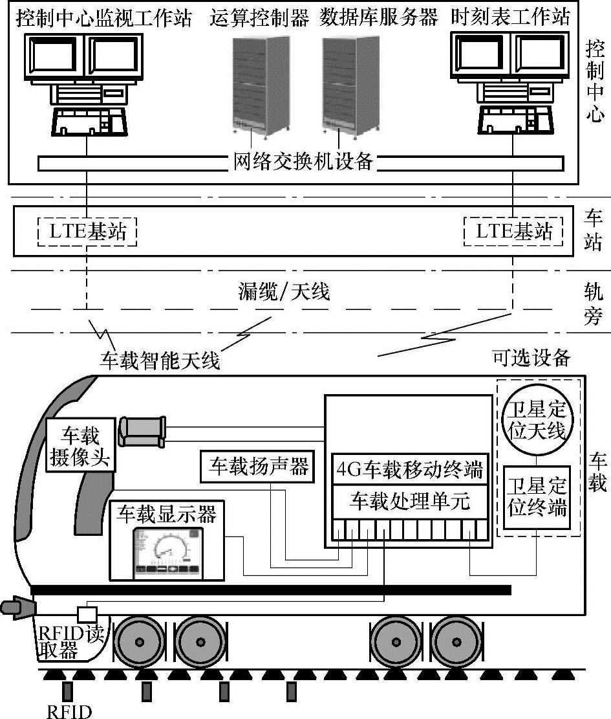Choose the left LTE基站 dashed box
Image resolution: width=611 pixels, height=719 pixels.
tap(85, 231)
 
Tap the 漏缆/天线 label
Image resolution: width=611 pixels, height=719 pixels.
tap(284, 292)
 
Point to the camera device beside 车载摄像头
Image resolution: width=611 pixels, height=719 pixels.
tap(144, 430)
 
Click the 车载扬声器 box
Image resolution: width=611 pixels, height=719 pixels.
tap(257, 466)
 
